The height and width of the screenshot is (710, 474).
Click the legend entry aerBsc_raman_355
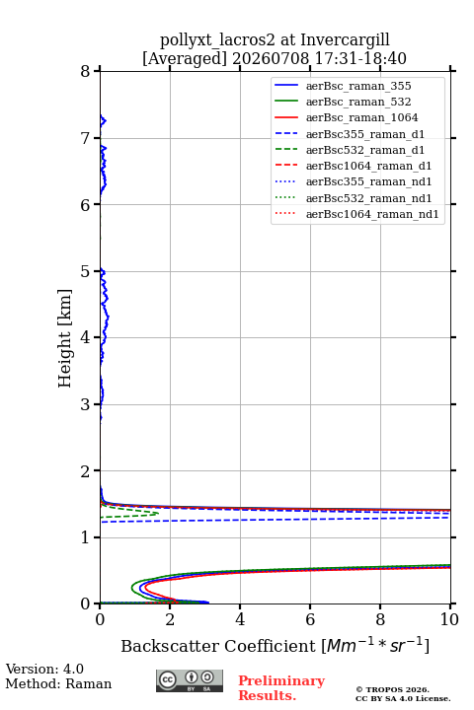click(358, 86)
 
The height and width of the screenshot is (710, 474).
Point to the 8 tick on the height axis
click(85, 72)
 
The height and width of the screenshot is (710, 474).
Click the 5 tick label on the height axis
click(85, 271)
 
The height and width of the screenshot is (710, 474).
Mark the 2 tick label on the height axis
click(85, 471)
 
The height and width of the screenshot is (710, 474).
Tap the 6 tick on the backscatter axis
click(310, 619)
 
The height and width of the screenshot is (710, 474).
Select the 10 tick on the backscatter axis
click(449, 619)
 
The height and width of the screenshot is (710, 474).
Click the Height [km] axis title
click(65, 338)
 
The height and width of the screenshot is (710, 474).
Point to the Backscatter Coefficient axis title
click(275, 645)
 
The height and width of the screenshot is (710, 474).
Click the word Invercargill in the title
click(345, 39)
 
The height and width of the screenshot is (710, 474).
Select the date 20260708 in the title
click(271, 58)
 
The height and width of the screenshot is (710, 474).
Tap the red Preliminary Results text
click(281, 687)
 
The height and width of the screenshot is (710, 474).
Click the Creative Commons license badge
click(190, 680)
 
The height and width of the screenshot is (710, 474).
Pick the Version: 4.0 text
click(44, 669)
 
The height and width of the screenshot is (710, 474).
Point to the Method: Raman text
click(58, 683)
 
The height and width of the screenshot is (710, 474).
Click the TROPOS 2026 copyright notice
click(393, 689)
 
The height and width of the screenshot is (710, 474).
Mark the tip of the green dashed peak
click(158, 513)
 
